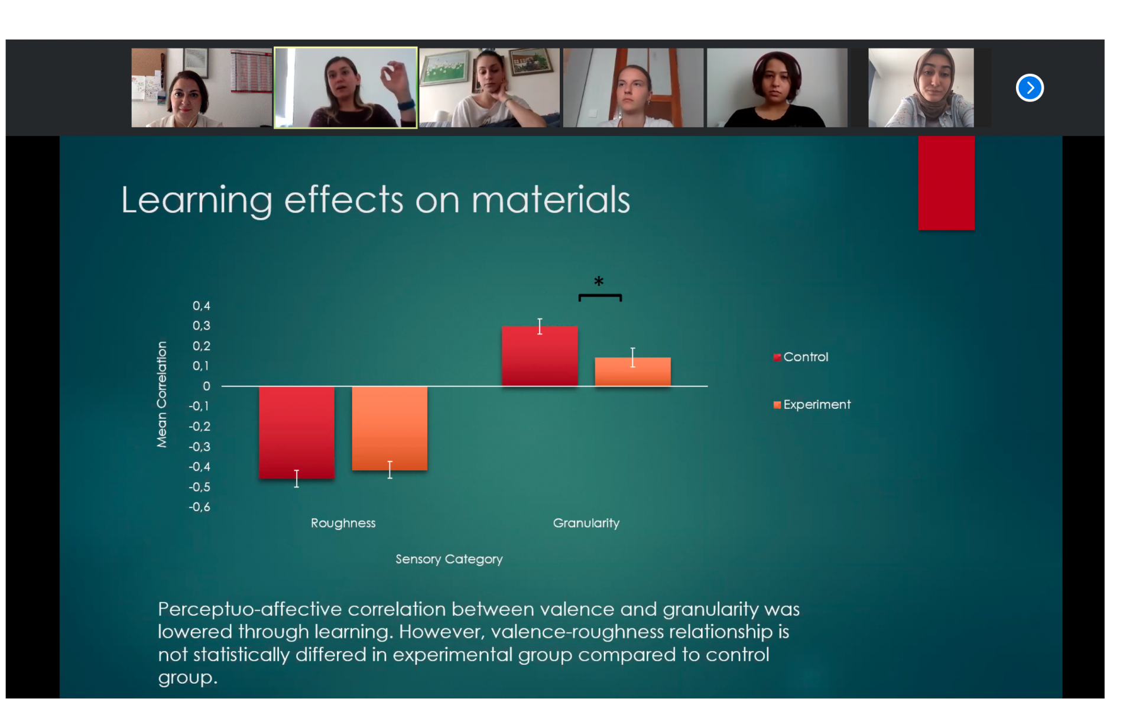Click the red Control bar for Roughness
pos(297,432)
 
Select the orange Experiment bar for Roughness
pos(390,428)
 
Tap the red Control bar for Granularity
pos(540,356)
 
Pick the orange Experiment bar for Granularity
pos(632,372)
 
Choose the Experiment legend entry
pos(812,404)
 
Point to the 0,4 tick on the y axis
pos(201,305)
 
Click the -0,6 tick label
pos(199,507)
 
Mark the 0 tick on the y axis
pos(206,386)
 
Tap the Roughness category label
pos(343,523)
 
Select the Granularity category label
pos(586,524)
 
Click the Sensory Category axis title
pos(449,559)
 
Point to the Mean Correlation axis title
pos(161,394)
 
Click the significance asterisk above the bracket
pos(599,281)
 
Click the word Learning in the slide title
pos(197,200)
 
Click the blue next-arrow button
pos(1030,88)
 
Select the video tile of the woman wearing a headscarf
pos(921,87)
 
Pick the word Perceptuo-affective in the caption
pos(250,609)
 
